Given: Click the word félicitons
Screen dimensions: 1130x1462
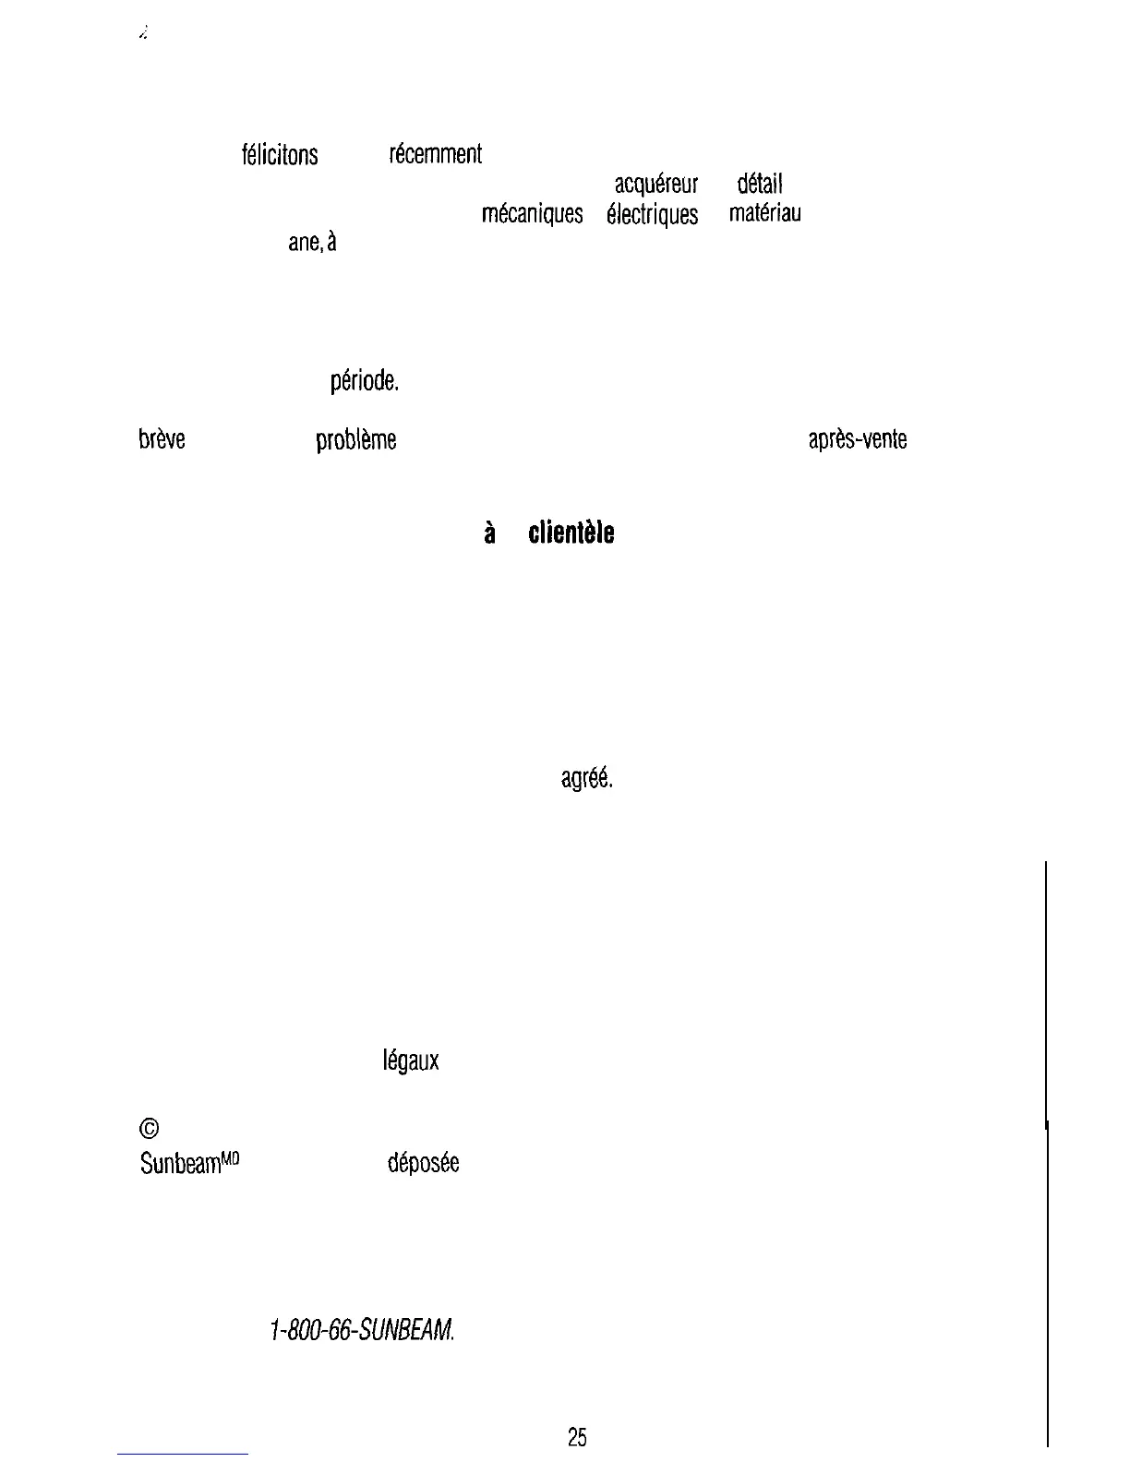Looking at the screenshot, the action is tap(279, 154).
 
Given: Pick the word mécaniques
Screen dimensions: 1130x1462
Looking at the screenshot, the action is tap(533, 214).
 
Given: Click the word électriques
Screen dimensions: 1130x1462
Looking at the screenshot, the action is tap(652, 214).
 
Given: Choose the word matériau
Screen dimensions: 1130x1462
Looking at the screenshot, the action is tap(764, 213).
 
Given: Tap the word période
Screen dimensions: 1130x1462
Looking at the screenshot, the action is tap(364, 380).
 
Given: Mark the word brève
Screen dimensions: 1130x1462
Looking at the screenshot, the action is tap(162, 439).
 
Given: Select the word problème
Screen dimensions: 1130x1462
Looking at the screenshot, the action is tap(355, 440).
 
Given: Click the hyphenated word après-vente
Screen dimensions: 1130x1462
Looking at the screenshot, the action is tap(858, 439).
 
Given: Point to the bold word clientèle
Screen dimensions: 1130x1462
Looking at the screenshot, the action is tap(571, 533).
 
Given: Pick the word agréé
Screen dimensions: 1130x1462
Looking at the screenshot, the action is tap(587, 779).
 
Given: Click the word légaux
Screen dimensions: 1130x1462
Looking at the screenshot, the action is tap(411, 1061).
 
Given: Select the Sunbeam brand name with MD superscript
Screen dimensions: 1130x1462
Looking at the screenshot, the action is tap(190, 1162).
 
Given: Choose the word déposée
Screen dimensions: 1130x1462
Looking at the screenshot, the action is tap(423, 1162).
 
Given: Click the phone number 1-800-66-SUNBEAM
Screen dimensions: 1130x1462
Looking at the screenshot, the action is tap(362, 1330).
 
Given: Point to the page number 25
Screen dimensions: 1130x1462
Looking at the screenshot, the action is tap(578, 1436).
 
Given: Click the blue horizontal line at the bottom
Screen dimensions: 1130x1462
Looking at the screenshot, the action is tap(184, 1454).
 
